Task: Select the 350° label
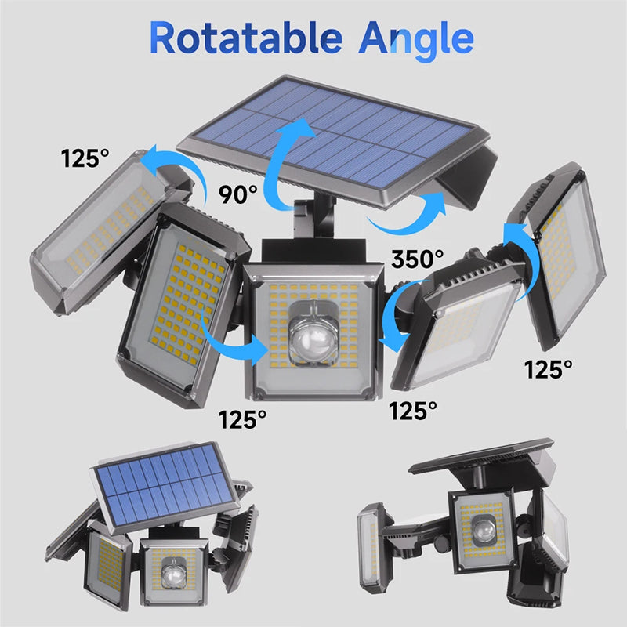click(x=418, y=258)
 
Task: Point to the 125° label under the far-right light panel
click(x=548, y=368)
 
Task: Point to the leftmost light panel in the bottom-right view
click(x=370, y=544)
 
